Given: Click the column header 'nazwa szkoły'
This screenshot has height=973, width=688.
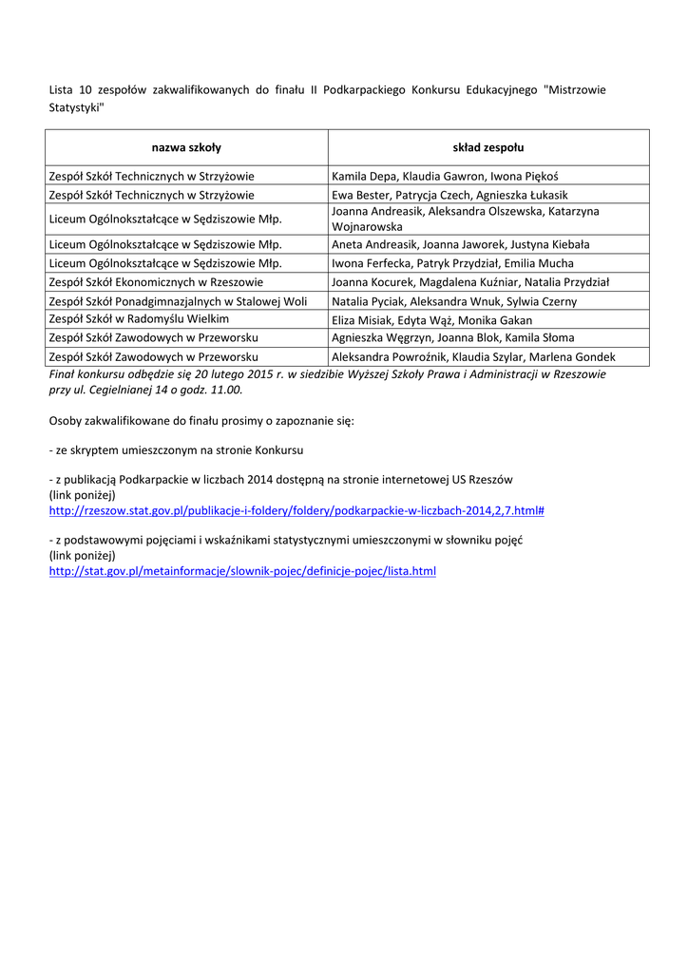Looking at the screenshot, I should click(186, 147).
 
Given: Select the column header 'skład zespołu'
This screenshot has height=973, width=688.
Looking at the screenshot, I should click(487, 147).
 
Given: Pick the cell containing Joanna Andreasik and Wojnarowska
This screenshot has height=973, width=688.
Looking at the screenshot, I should click(466, 219).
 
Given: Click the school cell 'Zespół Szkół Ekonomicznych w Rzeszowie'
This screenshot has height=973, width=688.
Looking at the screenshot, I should click(156, 282).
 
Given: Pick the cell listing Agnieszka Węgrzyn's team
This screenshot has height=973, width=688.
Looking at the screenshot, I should click(452, 338).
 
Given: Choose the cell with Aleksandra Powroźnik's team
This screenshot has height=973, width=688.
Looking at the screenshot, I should click(473, 357).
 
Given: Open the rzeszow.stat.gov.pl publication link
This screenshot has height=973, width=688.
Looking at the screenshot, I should click(296, 510).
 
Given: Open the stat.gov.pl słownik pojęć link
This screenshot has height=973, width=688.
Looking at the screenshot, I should click(242, 571).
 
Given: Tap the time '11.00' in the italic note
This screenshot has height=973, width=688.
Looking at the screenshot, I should click(228, 390).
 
